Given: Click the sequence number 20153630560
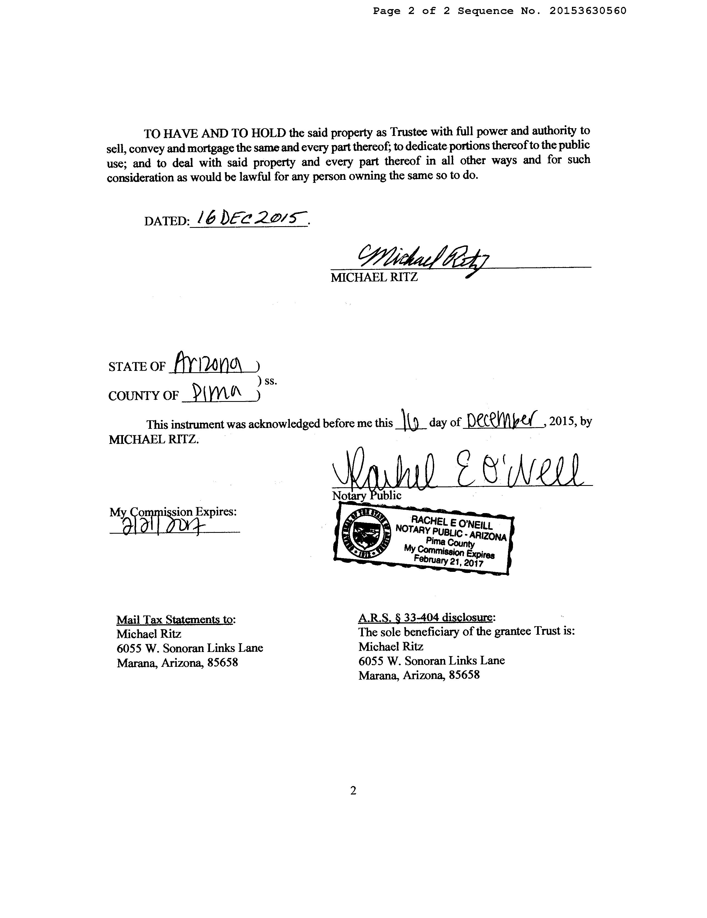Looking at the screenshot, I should point(587,11).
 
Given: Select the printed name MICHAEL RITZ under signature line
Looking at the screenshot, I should point(374,278).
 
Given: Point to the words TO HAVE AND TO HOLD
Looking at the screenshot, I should point(215,134).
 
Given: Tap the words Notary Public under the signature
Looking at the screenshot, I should point(366,496).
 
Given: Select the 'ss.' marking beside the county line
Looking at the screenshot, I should point(270,382).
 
